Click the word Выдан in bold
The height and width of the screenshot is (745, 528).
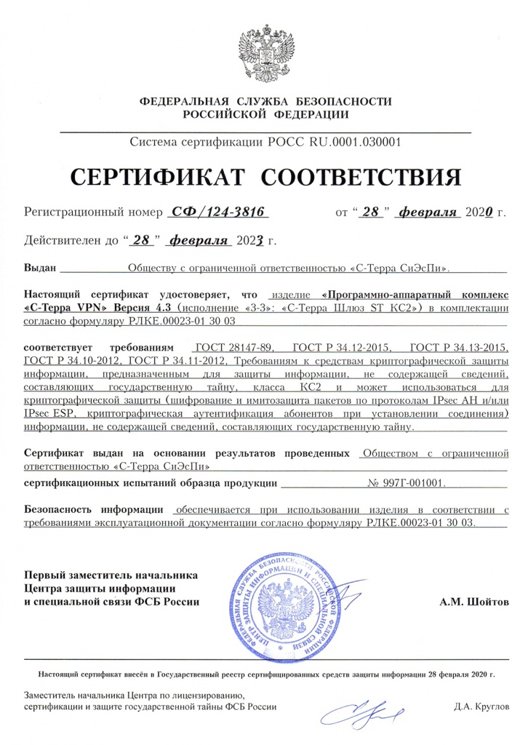coord(40,268)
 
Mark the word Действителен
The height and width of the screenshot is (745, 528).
coord(63,239)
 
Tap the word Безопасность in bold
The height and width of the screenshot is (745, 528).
coord(60,509)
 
